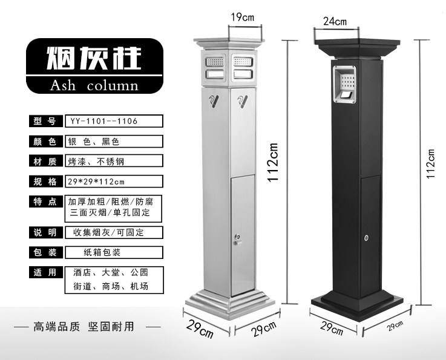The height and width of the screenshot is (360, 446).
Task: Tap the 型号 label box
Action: point(45,121)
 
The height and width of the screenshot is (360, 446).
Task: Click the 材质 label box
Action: point(45,162)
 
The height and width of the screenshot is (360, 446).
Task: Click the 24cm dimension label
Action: point(335,22)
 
